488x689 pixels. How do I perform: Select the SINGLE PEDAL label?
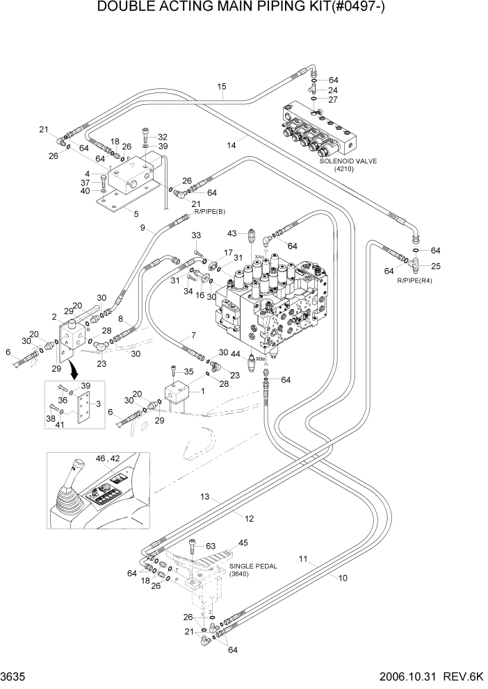pos(253,566)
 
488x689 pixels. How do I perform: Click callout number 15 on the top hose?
pos(222,87)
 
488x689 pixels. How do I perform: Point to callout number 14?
pos(231,144)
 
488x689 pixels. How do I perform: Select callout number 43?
pos(232,233)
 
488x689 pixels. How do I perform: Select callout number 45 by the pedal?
pos(243,543)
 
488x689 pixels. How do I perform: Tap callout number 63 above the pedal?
pos(211,546)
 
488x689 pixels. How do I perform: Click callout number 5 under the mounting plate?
pos(135,214)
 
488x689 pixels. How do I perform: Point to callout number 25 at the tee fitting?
pos(436,266)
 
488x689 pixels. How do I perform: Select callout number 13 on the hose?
pos(204,497)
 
